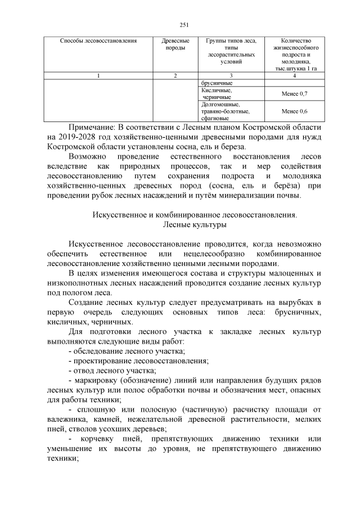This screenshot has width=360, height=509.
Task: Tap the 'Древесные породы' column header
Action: (x=175, y=45)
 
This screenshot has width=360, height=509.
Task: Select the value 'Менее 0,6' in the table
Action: (x=294, y=111)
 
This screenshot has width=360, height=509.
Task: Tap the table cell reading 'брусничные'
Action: (x=217, y=83)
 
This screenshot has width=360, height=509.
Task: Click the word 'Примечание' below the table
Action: (x=94, y=127)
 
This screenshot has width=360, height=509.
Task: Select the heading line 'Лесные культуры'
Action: (x=194, y=225)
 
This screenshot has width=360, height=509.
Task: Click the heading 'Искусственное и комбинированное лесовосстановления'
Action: (x=194, y=215)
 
